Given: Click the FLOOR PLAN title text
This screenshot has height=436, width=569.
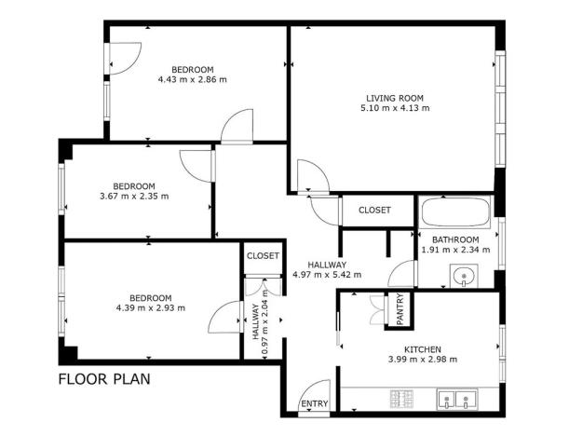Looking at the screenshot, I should [104, 379].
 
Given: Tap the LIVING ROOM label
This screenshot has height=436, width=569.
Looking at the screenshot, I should [394, 97].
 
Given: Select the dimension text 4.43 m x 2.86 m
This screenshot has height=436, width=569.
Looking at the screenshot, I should [193, 80].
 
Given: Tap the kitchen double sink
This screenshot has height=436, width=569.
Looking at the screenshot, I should [458, 402].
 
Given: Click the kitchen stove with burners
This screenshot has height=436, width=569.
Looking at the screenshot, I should [402, 402].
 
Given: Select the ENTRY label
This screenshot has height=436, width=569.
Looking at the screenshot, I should [314, 404].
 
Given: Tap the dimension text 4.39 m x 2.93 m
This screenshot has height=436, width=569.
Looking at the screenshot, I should [150, 308].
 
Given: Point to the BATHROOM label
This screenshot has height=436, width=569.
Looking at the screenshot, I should [455, 239].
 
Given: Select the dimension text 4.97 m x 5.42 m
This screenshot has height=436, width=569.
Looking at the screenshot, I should [326, 275].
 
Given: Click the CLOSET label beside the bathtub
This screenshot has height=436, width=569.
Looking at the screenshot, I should [374, 211].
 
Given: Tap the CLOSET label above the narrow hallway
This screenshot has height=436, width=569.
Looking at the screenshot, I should [263, 255].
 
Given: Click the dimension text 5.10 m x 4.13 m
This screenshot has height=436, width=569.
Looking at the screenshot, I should [394, 108].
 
